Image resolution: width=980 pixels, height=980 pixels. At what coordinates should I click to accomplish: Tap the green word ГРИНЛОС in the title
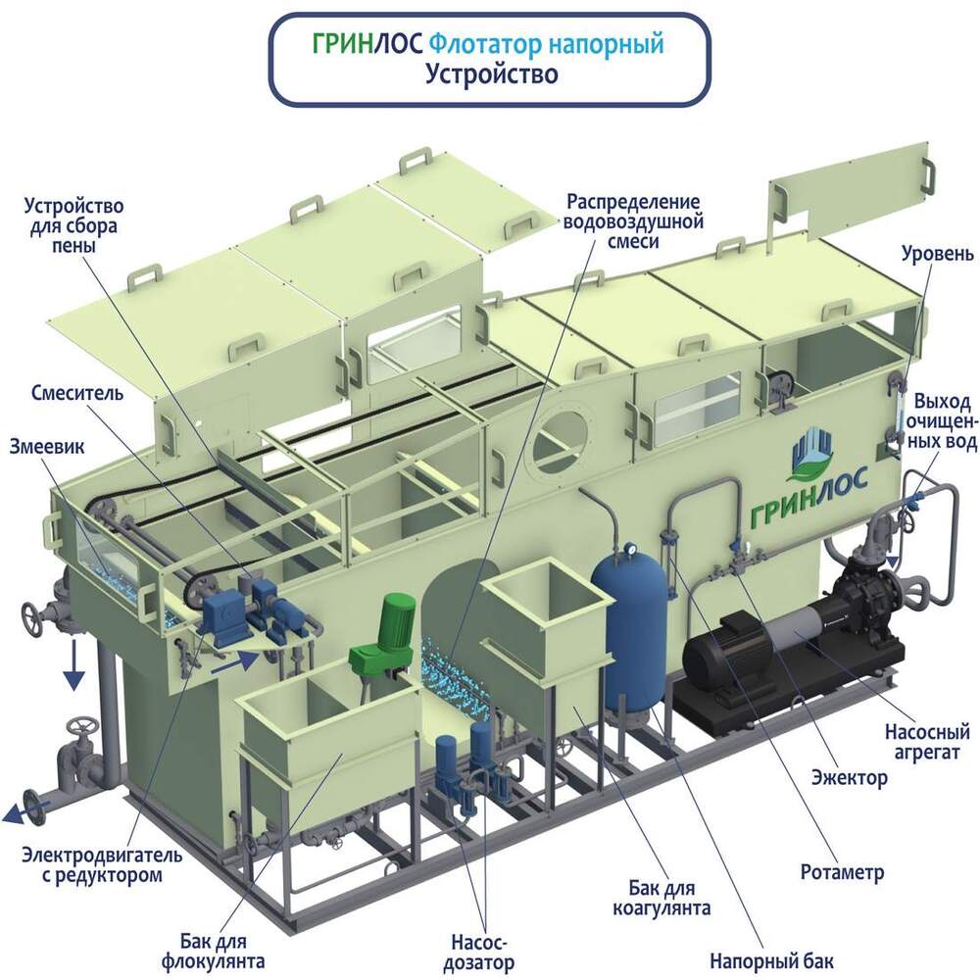pos(367,44)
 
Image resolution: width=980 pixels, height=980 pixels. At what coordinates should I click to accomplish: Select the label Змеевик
pos(47,445)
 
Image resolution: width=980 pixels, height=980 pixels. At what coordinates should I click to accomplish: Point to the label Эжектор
pos(850,778)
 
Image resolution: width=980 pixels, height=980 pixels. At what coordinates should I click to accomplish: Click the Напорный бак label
pos(776,957)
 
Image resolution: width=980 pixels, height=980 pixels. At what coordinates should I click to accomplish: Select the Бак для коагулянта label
pos(671,897)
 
